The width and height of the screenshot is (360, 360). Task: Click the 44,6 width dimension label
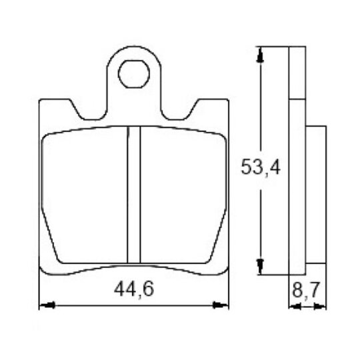tap(134, 290)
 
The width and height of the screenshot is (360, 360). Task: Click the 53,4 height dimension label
tap(261, 167)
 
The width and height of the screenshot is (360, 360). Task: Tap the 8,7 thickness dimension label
tap(306, 290)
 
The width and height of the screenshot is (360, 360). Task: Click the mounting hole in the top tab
tap(134, 74)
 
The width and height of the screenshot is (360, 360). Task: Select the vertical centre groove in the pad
tap(133, 195)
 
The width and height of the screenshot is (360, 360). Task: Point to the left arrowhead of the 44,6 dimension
tap(47, 305)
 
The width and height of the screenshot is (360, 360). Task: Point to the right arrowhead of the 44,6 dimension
tap(221, 305)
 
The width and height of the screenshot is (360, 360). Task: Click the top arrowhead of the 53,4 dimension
tap(260, 55)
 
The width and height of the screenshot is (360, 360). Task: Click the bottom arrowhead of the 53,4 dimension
tap(260, 267)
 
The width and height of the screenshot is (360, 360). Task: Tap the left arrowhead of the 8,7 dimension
tap(295, 306)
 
